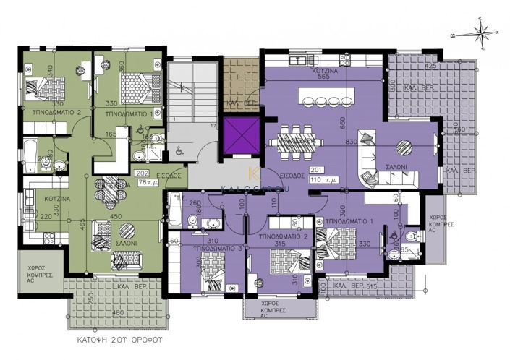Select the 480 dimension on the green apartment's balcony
point(118,314)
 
